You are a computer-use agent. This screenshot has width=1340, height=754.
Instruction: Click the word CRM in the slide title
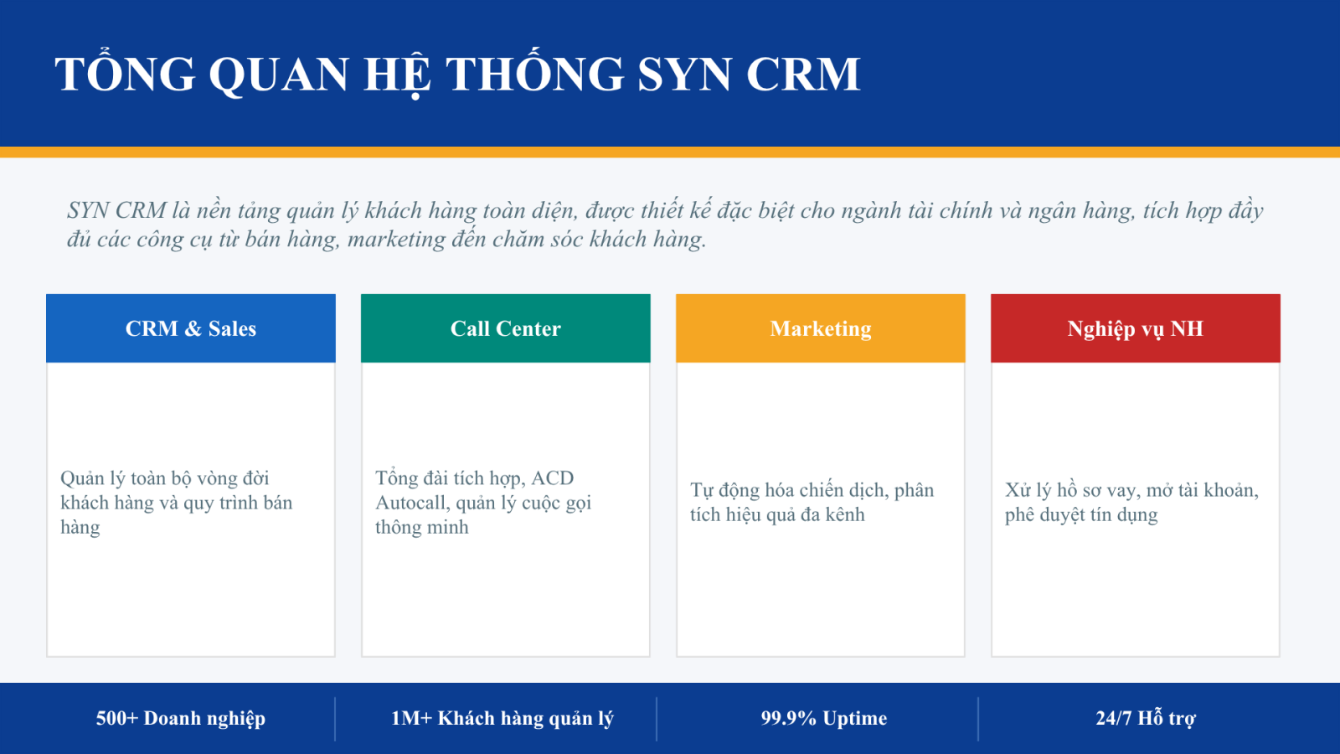coord(803,75)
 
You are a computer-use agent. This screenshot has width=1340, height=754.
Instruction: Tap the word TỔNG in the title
coord(125,72)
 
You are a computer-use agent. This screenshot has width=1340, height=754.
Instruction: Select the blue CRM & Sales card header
coord(191,328)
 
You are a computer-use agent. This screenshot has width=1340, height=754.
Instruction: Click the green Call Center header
coord(506,328)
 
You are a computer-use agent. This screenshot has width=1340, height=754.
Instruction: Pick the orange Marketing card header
coord(821,328)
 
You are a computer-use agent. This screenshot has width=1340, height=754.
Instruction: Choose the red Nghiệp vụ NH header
coord(1136,328)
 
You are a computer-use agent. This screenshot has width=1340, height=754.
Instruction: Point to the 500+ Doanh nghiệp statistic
coord(181,718)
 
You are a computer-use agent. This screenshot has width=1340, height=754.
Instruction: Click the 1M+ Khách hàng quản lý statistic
coord(502,718)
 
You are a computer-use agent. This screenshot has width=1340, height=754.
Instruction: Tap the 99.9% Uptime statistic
coord(824,718)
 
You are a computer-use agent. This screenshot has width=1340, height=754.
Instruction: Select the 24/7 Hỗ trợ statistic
coord(1146,718)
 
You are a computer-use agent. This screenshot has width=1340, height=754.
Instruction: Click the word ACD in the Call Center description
coord(552,478)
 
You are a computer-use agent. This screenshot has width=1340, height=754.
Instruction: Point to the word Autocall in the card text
coord(413,503)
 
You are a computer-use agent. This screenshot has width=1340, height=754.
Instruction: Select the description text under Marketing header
coord(812,502)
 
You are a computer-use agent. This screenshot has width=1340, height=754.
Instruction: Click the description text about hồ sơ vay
coord(1131,502)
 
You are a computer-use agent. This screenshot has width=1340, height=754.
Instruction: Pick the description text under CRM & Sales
coord(177,502)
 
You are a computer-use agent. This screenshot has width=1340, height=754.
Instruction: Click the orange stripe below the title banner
coord(670,152)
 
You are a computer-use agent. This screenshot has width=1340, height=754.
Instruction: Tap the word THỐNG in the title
coord(535,72)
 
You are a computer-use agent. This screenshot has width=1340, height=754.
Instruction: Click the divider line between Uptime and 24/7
coord(978,718)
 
